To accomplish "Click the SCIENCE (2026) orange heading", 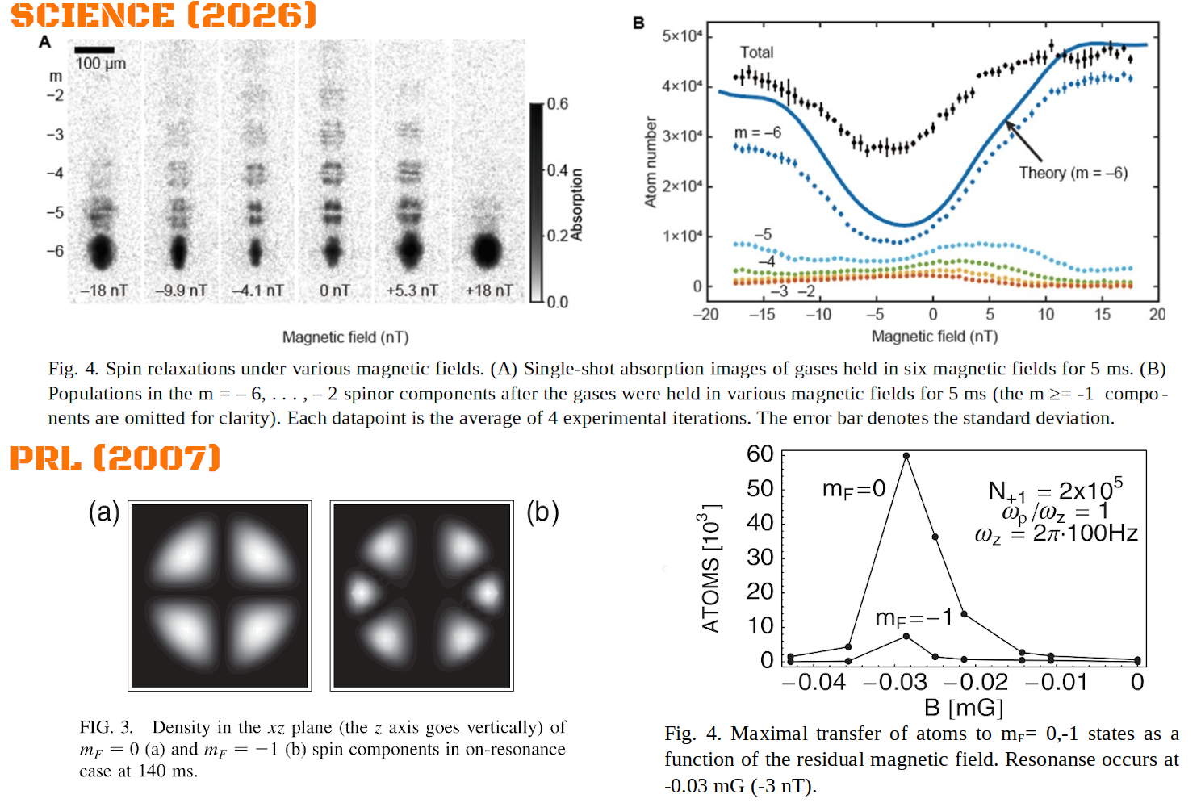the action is tap(164, 15).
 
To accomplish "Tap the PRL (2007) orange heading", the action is tap(115, 458).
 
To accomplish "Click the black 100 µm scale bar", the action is tap(94, 50).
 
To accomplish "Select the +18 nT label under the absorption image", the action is tap(488, 291).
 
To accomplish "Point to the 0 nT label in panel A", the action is tap(335, 291).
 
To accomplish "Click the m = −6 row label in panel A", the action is tap(55, 251).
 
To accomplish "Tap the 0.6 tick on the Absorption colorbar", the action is tap(558, 103).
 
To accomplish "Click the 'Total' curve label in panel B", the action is tap(756, 52).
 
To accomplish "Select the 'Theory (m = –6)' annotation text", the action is tap(1073, 173).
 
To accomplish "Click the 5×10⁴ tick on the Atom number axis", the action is tap(682, 36).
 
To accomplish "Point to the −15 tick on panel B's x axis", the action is tap(762, 314).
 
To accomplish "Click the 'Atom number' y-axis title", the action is tap(651, 162).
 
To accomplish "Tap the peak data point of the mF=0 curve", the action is tap(906, 456).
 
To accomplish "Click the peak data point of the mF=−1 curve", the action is tap(906, 636).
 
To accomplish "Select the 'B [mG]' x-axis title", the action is tap(964, 708).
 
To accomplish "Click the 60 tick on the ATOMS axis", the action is tap(760, 454).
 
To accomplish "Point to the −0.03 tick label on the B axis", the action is tap(895, 682).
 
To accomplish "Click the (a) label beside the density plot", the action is tap(104, 512).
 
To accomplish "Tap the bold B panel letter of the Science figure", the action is tap(638, 23).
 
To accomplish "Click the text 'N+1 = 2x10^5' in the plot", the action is tap(1055, 490).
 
